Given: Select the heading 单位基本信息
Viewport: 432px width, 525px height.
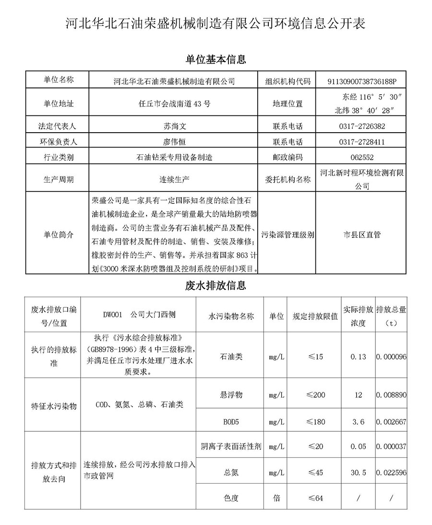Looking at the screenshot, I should pos(216,60).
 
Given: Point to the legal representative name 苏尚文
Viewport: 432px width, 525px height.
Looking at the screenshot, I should pos(174,126).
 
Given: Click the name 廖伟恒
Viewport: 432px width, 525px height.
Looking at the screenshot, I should pos(174,142).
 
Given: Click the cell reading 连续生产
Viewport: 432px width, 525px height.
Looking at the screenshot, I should pos(174,179).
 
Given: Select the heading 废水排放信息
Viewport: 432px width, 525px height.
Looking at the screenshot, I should pos(216,286).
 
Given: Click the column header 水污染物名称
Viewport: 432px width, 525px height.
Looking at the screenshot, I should pos(231,316).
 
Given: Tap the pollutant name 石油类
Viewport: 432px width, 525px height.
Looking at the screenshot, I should pos(231,357).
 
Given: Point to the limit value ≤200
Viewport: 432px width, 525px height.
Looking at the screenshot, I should pos(315,395).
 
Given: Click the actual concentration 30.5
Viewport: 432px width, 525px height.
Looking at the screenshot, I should pos(358,473).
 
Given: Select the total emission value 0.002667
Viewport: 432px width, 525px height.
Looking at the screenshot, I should pos(392,422).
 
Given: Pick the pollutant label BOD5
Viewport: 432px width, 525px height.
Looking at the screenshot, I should pos(231,422).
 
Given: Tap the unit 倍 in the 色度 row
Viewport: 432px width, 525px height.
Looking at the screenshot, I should pos(276,498).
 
